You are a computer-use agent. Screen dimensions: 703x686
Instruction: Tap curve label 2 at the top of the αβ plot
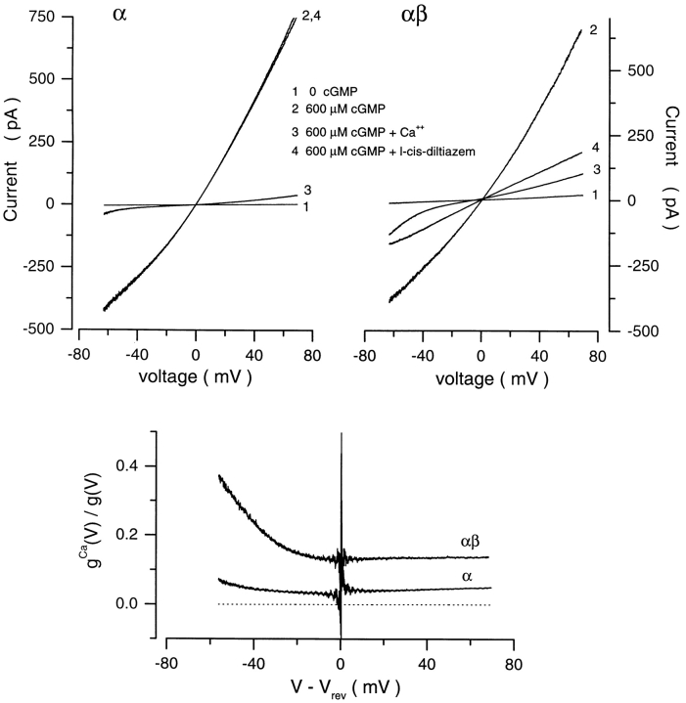[593, 30]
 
